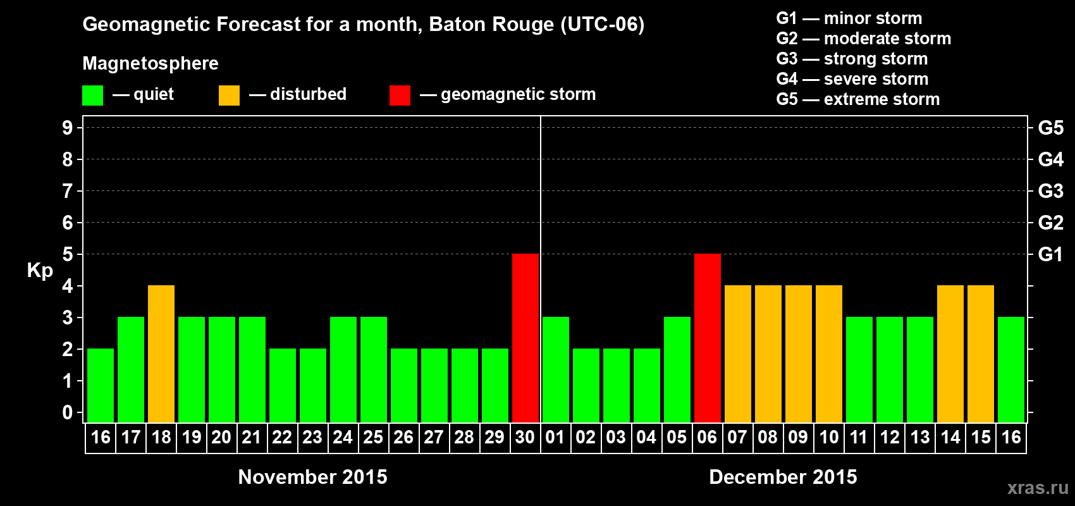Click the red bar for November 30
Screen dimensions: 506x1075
click(x=525, y=338)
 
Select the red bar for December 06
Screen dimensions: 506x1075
click(x=708, y=338)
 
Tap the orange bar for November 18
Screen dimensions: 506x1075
click(x=161, y=354)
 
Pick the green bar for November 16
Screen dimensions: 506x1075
click(x=101, y=385)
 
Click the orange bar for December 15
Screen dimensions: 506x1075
click(x=981, y=354)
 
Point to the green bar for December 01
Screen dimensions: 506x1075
click(x=556, y=369)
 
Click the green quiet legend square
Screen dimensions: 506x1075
click(x=93, y=96)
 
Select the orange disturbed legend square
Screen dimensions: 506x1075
click(x=229, y=96)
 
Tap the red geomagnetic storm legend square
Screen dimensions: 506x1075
click(x=400, y=96)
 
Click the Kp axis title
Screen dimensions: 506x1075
click(x=40, y=271)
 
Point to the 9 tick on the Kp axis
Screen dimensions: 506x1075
click(x=68, y=128)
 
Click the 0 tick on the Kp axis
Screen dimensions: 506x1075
click(x=68, y=412)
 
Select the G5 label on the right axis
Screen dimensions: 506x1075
click(x=1050, y=128)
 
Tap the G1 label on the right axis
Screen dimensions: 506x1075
click(x=1050, y=254)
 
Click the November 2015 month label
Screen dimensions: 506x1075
click(x=312, y=477)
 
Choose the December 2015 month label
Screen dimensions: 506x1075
click(x=783, y=477)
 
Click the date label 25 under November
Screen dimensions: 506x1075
click(x=373, y=437)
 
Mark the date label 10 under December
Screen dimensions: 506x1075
click(x=828, y=437)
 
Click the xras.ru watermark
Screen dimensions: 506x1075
click(x=1038, y=488)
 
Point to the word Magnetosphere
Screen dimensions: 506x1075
click(x=150, y=63)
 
